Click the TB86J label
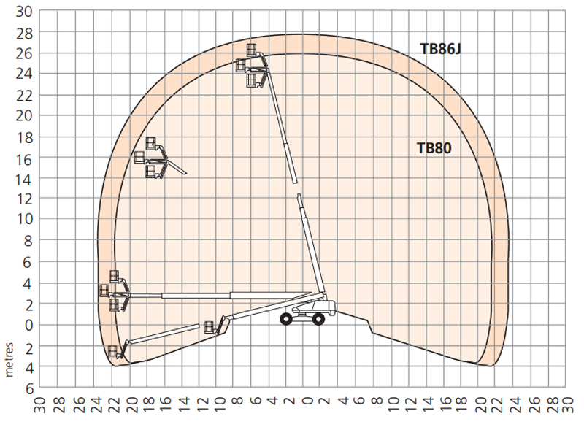tap(441, 49)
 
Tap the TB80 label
tap(434, 148)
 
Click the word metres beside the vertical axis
tap(9, 360)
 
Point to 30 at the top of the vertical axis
tap(24, 12)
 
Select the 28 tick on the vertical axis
tap(24, 34)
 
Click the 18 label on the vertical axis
tap(24, 138)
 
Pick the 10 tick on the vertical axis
tap(24, 218)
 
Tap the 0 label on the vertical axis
tap(29, 326)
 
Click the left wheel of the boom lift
tap(286, 319)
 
